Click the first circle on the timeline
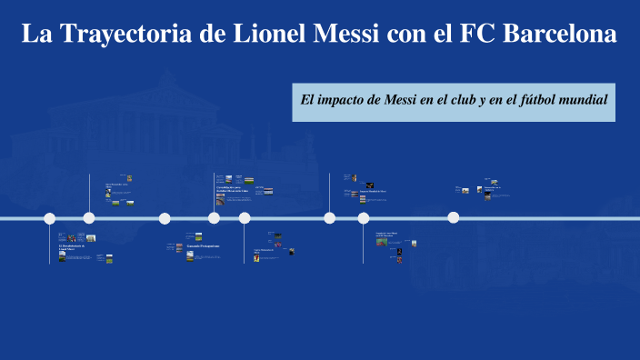click(x=50, y=218)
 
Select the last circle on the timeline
click(x=454, y=217)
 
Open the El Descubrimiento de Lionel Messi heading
click(x=71, y=247)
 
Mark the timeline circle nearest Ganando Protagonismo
click(x=165, y=218)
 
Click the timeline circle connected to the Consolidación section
click(x=214, y=218)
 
